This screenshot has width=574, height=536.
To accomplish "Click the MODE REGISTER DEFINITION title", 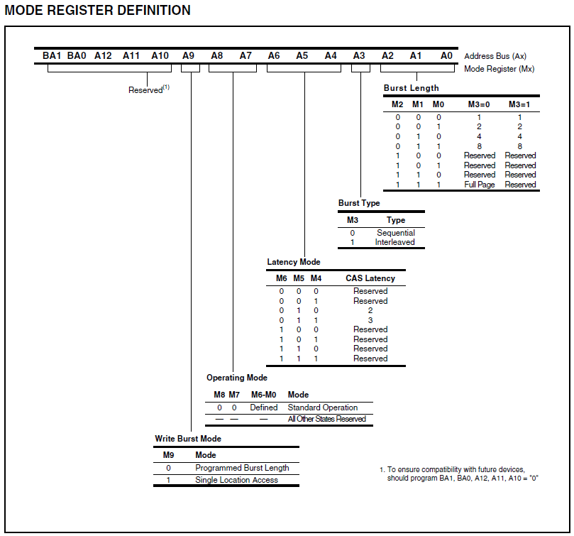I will (x=97, y=11).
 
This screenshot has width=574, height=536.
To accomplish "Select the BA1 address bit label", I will (x=52, y=55).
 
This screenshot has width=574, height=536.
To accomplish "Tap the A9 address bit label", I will (x=188, y=55).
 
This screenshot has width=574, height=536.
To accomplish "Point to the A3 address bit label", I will (x=359, y=55).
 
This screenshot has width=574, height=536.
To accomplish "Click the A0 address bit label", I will (x=446, y=55).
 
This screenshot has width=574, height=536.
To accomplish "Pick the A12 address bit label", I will (x=103, y=55).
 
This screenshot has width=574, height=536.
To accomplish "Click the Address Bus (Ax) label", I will (x=495, y=56).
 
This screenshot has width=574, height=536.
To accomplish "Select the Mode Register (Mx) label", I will (x=499, y=69).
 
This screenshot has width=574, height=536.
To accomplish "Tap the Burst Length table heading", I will (x=411, y=88).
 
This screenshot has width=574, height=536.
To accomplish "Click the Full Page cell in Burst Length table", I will (x=480, y=185).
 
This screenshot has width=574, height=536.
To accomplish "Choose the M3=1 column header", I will (x=520, y=104).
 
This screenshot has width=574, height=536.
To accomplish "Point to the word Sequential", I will (x=396, y=233).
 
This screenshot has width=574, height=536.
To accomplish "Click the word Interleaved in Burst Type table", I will (x=395, y=242).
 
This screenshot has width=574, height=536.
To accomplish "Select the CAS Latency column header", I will (x=370, y=278).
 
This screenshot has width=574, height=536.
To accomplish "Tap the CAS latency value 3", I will (x=370, y=320).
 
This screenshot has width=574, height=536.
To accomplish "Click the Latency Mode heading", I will (x=293, y=262).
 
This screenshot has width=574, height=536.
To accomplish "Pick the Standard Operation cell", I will (x=322, y=408).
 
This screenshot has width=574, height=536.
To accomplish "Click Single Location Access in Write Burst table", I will (x=236, y=480).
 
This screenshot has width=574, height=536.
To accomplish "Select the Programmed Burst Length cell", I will (x=242, y=468).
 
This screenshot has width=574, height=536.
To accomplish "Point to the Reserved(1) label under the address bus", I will (x=148, y=90).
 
